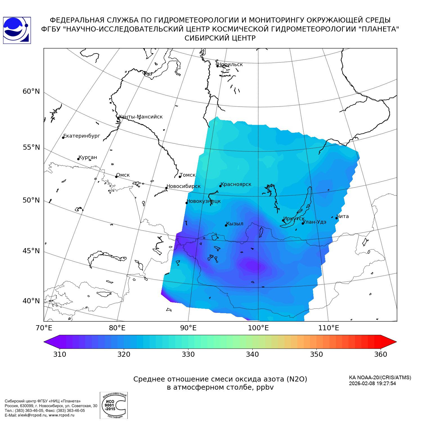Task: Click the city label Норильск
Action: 230,64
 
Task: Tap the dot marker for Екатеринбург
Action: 63,137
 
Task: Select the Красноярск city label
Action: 236,184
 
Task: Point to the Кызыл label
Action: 235,224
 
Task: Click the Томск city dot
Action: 180,177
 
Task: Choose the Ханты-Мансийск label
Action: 140,117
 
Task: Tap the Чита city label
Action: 343,216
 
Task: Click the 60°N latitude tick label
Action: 31,91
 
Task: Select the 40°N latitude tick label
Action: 31,301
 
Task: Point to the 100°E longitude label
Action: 259,328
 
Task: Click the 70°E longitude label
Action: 44,328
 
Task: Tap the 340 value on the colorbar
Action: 252,354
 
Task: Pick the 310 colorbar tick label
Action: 60,354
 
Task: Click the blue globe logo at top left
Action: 17,30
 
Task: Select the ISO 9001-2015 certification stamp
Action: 114,405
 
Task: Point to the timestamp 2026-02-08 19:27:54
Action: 372,383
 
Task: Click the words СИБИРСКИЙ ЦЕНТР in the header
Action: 220,38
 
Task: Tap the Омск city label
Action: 123,175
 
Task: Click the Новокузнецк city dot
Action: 186,203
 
